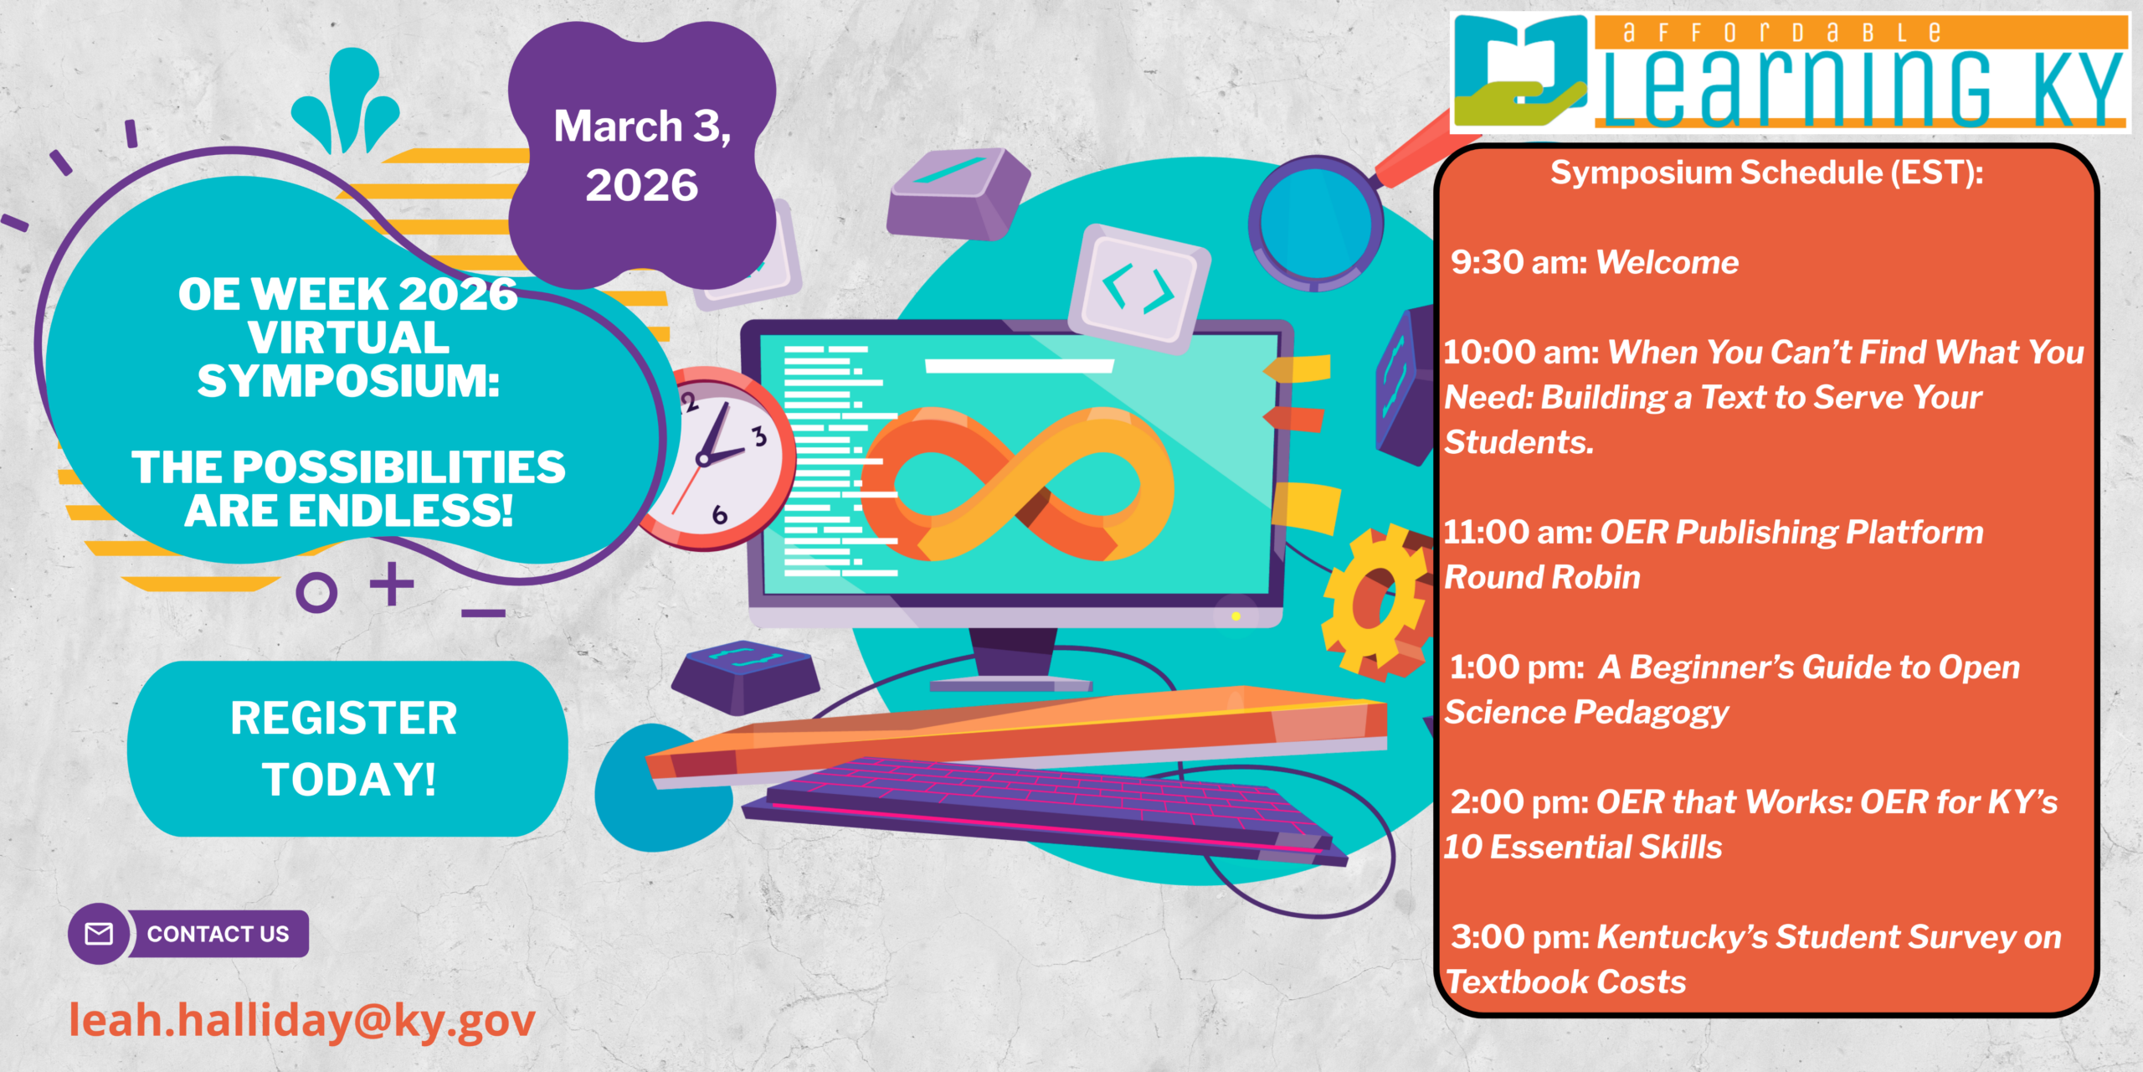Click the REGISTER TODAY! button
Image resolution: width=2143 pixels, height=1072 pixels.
coord(347,749)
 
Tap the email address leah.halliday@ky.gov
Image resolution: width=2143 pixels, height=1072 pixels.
coord(302,1021)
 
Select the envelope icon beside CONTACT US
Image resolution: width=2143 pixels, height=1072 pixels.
coord(99,934)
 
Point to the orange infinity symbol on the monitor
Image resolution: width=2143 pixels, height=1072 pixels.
coord(1017,484)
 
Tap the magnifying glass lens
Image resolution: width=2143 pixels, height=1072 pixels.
coord(1315,224)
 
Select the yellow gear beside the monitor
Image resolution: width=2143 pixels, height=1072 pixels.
coord(1373,600)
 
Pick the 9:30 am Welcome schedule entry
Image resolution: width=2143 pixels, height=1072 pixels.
coord(1594,262)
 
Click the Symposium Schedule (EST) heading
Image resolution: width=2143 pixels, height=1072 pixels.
coord(1767,173)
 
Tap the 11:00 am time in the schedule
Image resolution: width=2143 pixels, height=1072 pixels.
coord(1517,532)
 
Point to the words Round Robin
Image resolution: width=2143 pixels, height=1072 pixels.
coord(1542,577)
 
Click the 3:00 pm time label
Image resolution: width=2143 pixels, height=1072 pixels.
coord(1519,937)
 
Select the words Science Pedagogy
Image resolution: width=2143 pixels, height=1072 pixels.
coord(1586,714)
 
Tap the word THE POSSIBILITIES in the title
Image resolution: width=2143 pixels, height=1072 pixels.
coord(348,466)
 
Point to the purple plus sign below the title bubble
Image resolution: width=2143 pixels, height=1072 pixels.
coord(392,584)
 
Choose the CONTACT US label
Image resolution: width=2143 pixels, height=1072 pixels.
coord(218,934)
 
